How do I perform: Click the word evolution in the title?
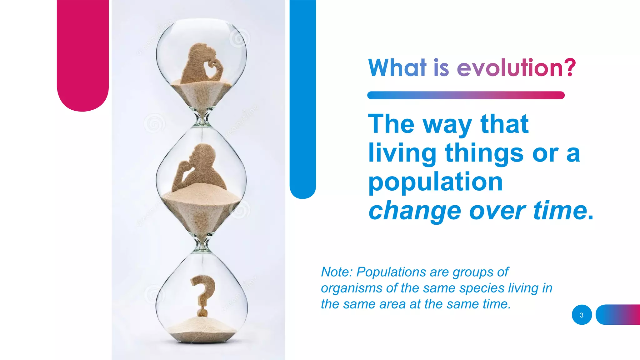[x=509, y=68]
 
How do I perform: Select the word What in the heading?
[x=397, y=68]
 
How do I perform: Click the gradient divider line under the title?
[x=466, y=95]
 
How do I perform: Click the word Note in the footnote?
[x=336, y=272]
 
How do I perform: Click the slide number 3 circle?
[x=582, y=315]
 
